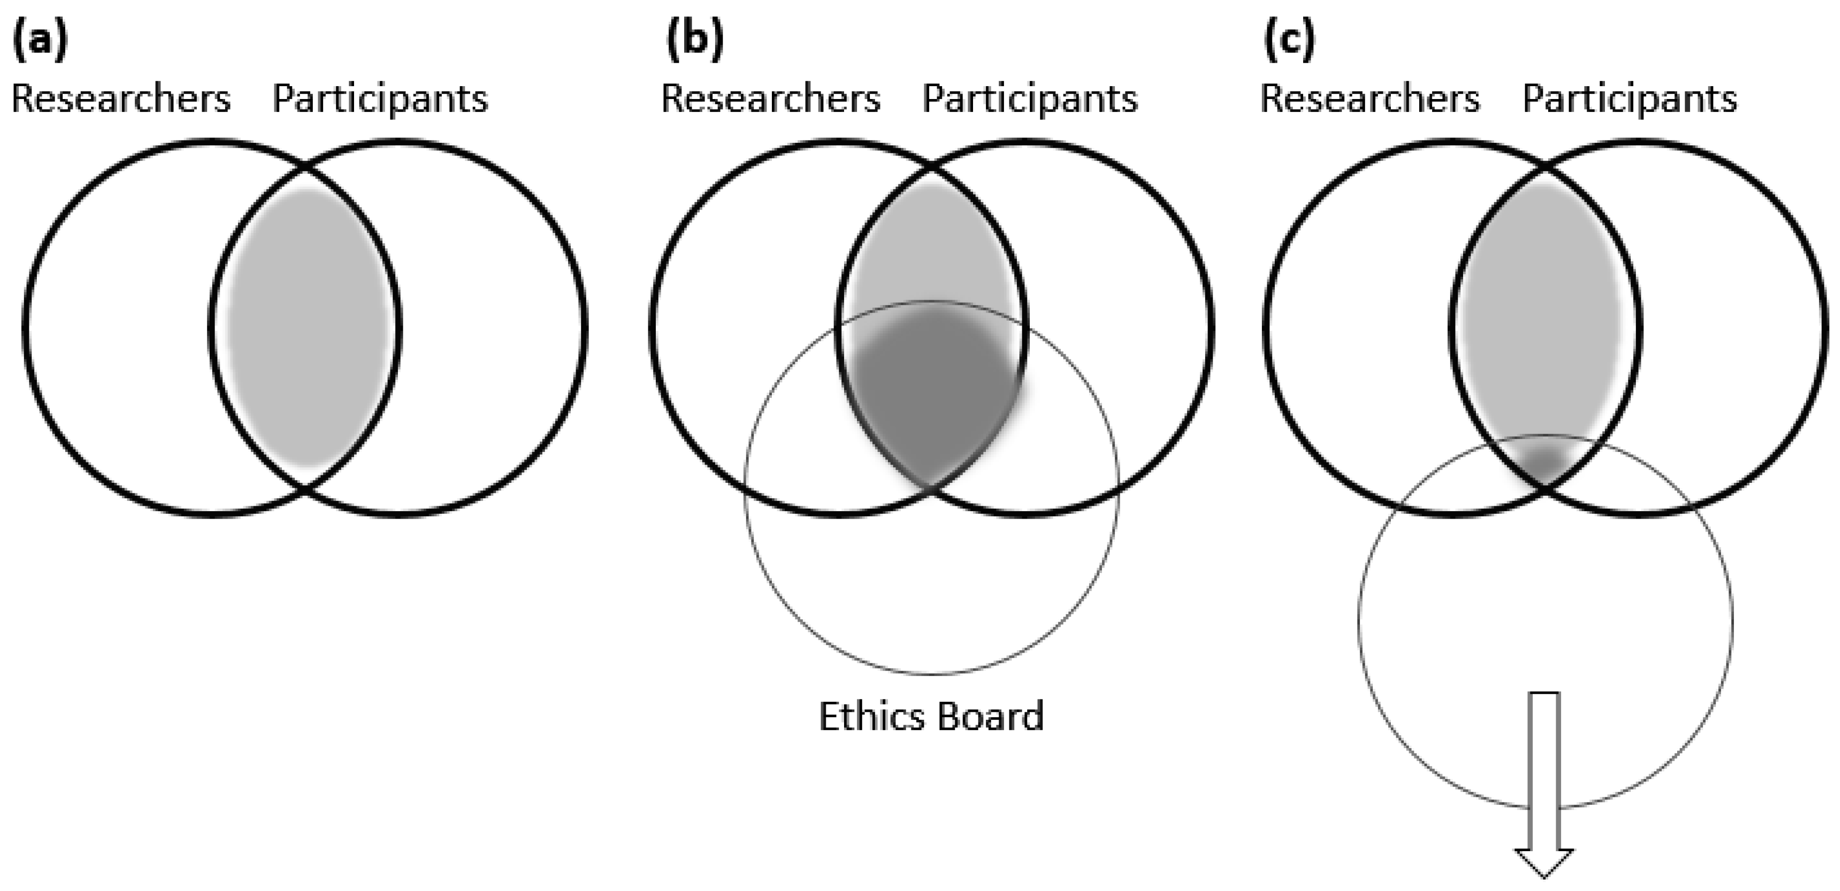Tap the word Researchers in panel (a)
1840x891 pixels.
122,99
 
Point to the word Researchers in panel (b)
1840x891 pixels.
771,99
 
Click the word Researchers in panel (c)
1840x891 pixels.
1370,99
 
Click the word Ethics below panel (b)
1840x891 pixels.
868,716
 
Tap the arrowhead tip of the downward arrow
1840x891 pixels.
1544,878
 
